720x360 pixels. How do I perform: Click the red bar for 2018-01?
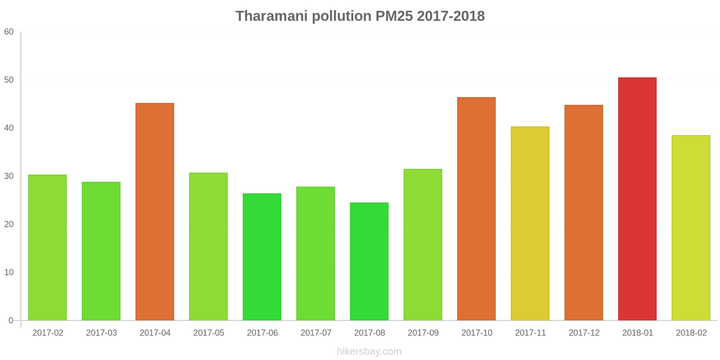click(x=637, y=199)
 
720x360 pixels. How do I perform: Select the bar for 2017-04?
click(x=155, y=211)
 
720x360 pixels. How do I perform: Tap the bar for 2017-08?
click(x=369, y=261)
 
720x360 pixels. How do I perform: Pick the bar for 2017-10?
click(x=476, y=209)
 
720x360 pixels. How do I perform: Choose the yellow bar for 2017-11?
click(x=530, y=223)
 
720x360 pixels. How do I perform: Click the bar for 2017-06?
click(x=262, y=257)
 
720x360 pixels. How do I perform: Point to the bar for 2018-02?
click(x=691, y=228)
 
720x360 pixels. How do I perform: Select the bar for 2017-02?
click(x=47, y=247)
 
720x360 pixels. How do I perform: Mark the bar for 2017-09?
click(x=423, y=245)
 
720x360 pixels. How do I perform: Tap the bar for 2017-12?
click(x=584, y=212)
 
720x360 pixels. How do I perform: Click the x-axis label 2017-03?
click(x=101, y=333)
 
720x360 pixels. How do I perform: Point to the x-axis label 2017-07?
click(x=316, y=333)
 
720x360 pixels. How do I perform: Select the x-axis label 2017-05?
click(x=209, y=333)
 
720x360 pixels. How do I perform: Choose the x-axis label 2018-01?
click(x=638, y=333)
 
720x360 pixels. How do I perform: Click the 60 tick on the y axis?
click(x=9, y=32)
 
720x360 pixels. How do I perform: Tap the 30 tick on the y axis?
click(x=9, y=176)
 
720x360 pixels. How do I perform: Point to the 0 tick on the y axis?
click(x=11, y=321)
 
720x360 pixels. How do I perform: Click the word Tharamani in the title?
click(x=271, y=16)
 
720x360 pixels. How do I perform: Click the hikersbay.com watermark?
click(x=369, y=351)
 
